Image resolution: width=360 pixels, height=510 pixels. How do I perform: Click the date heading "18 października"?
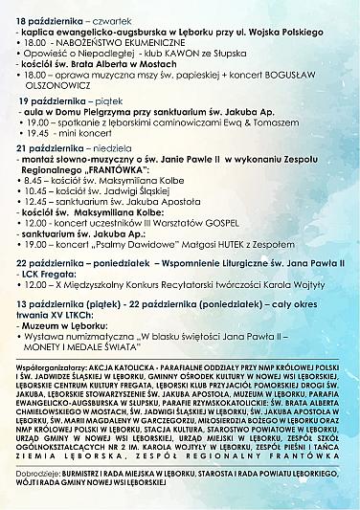click(x=49, y=18)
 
